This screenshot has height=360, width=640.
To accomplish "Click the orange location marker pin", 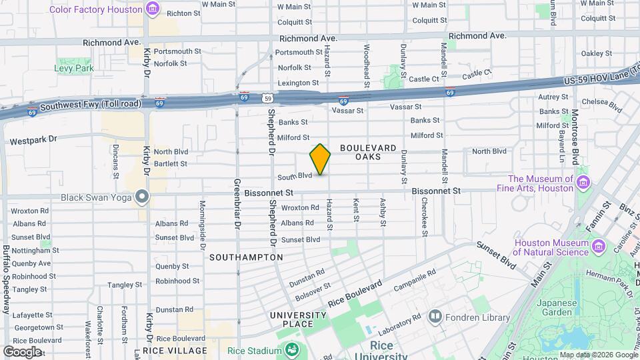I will [x=321, y=159].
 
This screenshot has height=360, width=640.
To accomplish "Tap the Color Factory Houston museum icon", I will [x=153, y=9].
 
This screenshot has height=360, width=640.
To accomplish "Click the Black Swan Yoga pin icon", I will [x=141, y=197].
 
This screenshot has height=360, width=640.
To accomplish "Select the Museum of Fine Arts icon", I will [x=583, y=183].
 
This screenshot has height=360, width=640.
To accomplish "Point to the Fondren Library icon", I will [x=435, y=315].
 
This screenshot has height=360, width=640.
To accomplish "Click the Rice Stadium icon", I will [x=291, y=349].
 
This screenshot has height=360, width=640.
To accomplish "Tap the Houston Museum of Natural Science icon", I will [x=599, y=248].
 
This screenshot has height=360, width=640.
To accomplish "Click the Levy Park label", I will [x=73, y=69].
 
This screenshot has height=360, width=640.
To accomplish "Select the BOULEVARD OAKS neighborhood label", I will [x=368, y=152].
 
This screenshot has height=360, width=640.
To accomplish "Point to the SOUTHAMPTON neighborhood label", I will [x=246, y=257].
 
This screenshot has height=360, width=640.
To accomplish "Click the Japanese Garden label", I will [x=557, y=308].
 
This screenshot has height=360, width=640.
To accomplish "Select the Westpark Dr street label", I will [x=35, y=141].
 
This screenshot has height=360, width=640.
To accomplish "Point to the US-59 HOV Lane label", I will [x=600, y=80].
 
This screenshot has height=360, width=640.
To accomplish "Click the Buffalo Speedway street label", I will [x=6, y=280].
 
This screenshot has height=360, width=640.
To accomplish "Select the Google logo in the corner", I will [x=22, y=351].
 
